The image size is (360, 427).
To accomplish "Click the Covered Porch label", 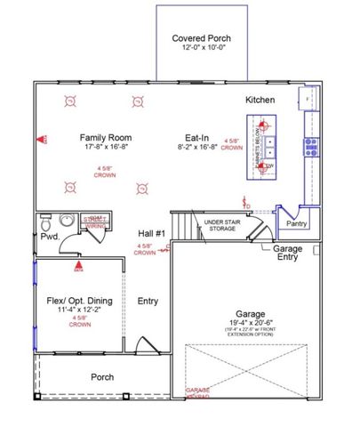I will click(x=201, y=38).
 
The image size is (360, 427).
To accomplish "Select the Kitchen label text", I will click(x=260, y=100).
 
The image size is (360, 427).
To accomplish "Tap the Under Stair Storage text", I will click(x=220, y=224).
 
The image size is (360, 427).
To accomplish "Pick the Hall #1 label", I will click(x=150, y=233).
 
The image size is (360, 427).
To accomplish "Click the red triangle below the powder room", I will click(x=78, y=264).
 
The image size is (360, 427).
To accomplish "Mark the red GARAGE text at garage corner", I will click(x=197, y=390).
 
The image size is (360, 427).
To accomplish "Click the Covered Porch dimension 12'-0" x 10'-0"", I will click(x=201, y=49).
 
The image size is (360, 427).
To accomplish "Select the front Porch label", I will click(x=103, y=377).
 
